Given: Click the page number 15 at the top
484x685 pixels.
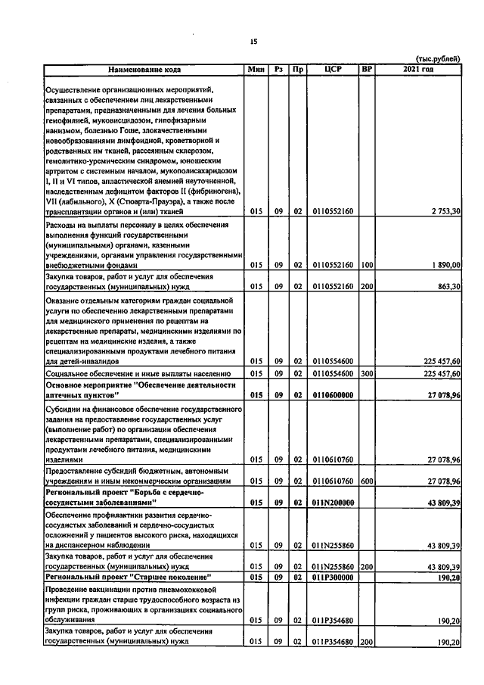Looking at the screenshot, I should coord(253,42).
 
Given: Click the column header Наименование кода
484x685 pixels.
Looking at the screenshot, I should coord(144,70).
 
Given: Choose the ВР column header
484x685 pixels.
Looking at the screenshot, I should coord(367,70).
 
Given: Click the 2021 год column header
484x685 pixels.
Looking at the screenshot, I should coord(420,70).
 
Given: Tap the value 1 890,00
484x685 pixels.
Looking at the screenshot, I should coord(445,265).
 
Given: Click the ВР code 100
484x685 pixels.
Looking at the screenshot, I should coord(367,265).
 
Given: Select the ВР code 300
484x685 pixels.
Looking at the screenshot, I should coord(367,374).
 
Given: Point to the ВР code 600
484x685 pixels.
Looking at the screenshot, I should coord(367,481).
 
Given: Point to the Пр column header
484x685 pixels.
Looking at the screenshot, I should coord(298,70).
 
